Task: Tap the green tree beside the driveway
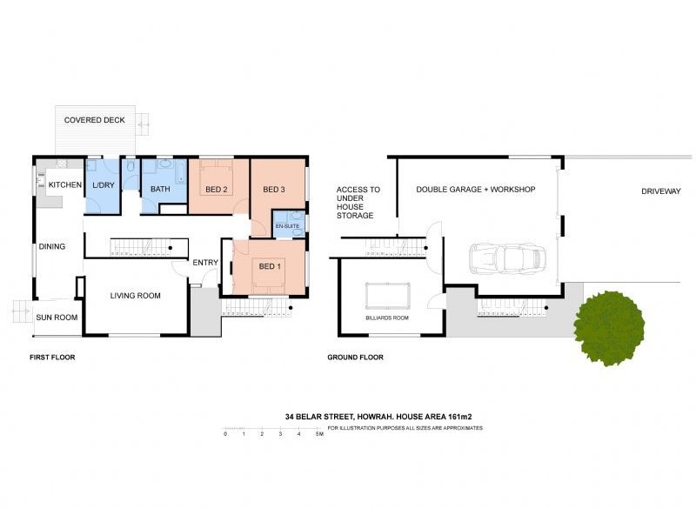[x=610, y=327]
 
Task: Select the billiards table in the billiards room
[x=388, y=296]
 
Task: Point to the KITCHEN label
[x=65, y=185]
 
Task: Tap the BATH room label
[x=160, y=189]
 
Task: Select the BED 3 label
[x=274, y=189]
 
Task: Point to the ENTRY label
[x=205, y=263]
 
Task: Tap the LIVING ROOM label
[x=135, y=296]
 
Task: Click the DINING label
[x=52, y=246]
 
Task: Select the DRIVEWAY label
[x=660, y=191]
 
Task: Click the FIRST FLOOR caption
[x=52, y=357]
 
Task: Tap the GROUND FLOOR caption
[x=355, y=357]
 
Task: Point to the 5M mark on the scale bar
[x=319, y=433]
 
